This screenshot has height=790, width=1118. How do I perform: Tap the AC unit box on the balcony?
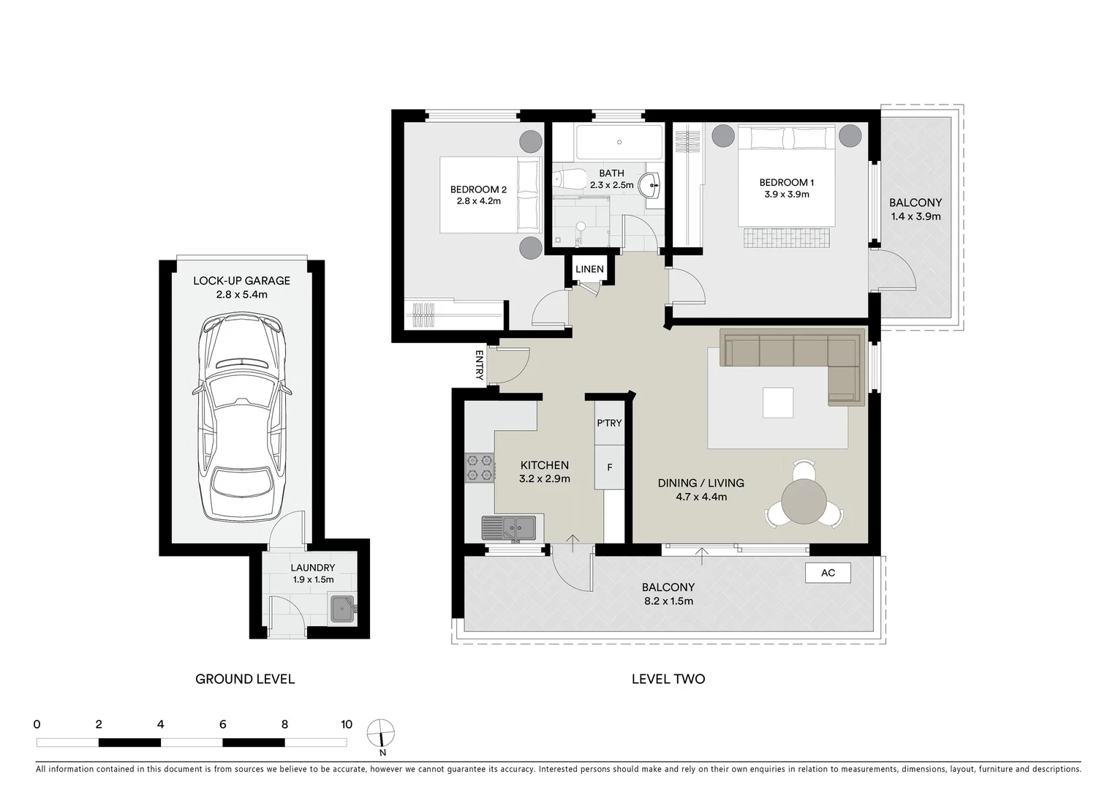pyautogui.click(x=828, y=573)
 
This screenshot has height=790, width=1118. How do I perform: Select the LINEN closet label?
pyautogui.click(x=589, y=269)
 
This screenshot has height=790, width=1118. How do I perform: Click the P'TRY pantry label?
pyautogui.click(x=609, y=424)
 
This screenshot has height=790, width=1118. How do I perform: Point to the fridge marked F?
pyautogui.click(x=609, y=467)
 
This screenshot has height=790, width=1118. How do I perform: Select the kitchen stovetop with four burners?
pyautogui.click(x=480, y=468)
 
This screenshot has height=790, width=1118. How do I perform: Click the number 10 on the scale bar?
pyautogui.click(x=346, y=725)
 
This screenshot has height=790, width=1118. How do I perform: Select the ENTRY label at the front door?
pyautogui.click(x=480, y=365)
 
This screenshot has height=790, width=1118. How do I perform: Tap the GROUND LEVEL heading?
pyautogui.click(x=245, y=679)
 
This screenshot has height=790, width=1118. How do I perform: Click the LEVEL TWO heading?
pyautogui.click(x=668, y=679)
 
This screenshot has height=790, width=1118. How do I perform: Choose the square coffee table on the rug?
pyautogui.click(x=778, y=402)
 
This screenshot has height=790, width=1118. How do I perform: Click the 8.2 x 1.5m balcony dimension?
pyautogui.click(x=668, y=601)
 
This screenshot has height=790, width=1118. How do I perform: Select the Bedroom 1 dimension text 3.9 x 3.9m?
pyautogui.click(x=786, y=195)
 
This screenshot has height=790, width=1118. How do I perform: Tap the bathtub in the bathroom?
pyautogui.click(x=619, y=143)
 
